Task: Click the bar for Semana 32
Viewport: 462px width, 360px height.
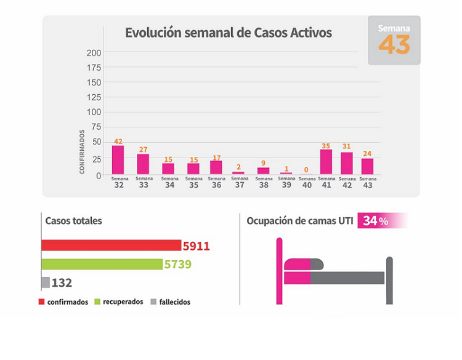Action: pyautogui.click(x=118, y=159)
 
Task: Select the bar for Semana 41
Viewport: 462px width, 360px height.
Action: pyautogui.click(x=326, y=161)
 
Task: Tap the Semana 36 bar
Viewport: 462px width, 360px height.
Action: pyautogui.click(x=216, y=167)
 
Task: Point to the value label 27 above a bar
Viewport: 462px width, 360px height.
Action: pyautogui.click(x=144, y=150)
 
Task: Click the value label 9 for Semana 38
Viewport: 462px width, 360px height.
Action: pyautogui.click(x=264, y=163)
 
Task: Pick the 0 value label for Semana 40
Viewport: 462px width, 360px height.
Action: pyautogui.click(x=307, y=170)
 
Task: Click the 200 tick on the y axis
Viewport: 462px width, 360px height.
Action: pyautogui.click(x=94, y=53)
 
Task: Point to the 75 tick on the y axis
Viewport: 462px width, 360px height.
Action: pyautogui.click(x=96, y=127)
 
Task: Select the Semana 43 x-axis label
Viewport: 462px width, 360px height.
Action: pyautogui.click(x=368, y=182)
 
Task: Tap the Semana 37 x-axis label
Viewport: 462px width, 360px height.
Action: pyautogui.click(x=240, y=182)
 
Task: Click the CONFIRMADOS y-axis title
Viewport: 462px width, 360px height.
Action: pyautogui.click(x=82, y=151)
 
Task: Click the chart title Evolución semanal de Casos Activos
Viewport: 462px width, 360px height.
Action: pyautogui.click(x=228, y=33)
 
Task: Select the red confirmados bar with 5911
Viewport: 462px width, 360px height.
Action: pyautogui.click(x=111, y=246)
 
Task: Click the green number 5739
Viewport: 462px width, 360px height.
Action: pyautogui.click(x=178, y=265)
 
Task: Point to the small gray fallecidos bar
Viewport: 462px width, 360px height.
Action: pyautogui.click(x=46, y=282)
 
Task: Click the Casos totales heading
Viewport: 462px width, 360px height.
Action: pyautogui.click(x=73, y=220)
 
